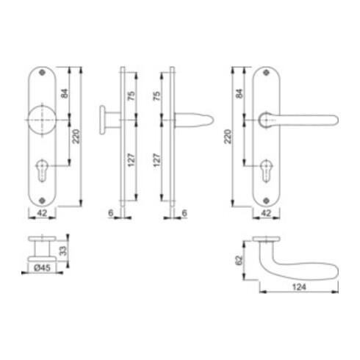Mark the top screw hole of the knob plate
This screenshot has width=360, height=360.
pyautogui.click(x=41, y=76)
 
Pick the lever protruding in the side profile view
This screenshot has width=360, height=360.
pyautogui.click(x=195, y=118)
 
